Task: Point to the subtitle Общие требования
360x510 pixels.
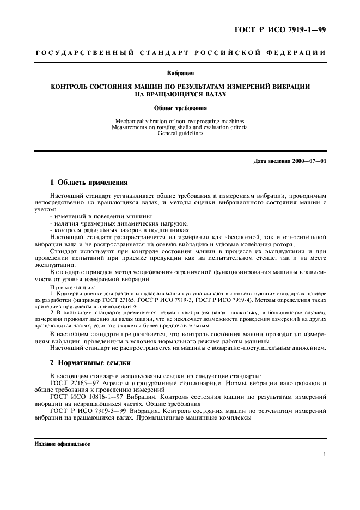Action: (180, 108)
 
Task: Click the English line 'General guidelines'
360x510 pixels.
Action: (180, 133)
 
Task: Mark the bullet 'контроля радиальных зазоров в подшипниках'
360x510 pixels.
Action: (111, 230)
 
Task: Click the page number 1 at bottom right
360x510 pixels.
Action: (324, 454)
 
